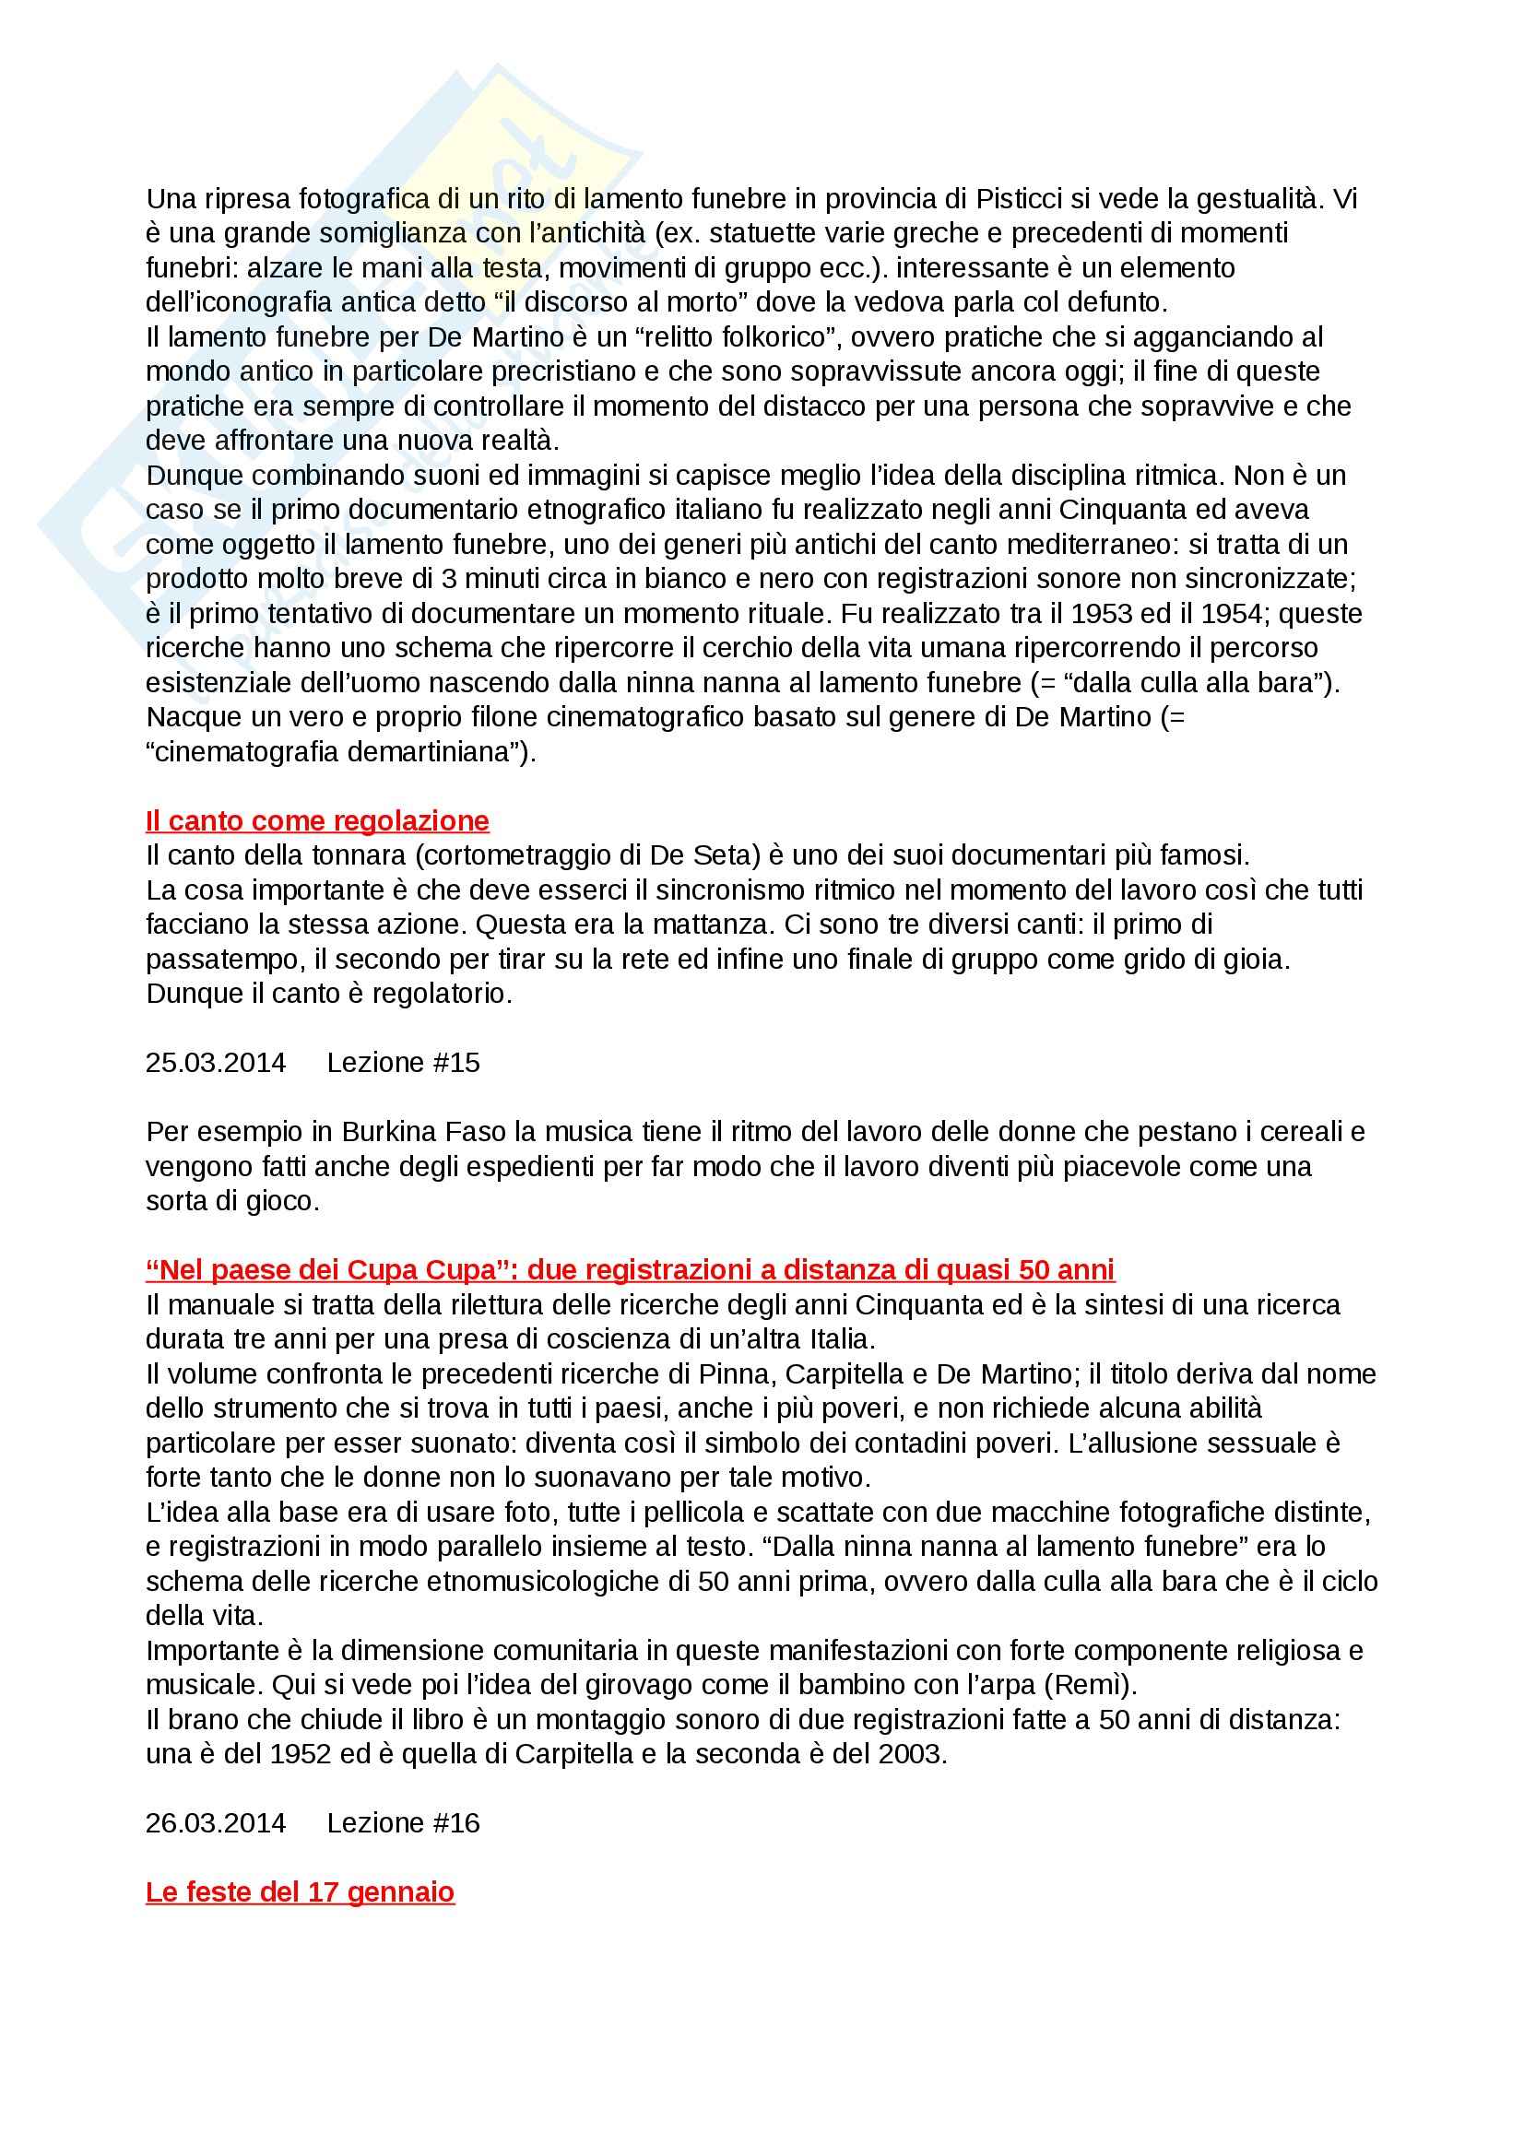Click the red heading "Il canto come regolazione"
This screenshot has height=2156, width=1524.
point(316,820)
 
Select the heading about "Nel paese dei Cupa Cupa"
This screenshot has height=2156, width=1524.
point(629,1269)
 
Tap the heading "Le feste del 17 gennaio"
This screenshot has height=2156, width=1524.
point(300,1891)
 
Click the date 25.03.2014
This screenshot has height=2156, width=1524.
point(215,1062)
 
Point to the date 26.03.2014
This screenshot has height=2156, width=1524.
point(215,1822)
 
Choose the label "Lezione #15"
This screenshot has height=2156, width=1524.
point(403,1062)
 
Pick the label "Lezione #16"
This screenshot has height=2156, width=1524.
point(403,1822)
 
